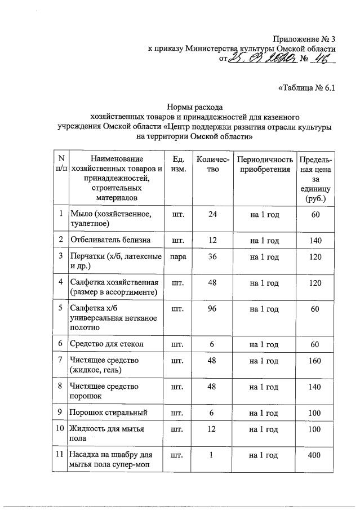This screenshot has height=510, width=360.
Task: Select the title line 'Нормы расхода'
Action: coord(194,107)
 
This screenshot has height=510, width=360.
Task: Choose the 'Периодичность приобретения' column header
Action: coord(264,164)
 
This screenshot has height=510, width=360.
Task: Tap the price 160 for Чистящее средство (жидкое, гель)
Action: coord(315,361)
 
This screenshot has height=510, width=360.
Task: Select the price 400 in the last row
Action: coord(315,456)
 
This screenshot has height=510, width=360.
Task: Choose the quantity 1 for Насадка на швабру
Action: coord(212,456)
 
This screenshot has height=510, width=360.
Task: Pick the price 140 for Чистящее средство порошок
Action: coord(315,387)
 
